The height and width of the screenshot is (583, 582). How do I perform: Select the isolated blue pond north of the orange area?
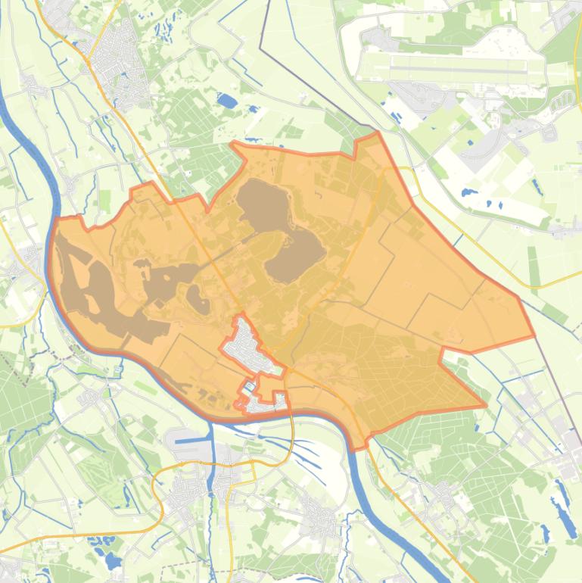click(226, 100)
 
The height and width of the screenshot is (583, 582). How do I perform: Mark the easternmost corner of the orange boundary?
click(534, 335)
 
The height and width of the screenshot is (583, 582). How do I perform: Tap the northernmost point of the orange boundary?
click(376, 133)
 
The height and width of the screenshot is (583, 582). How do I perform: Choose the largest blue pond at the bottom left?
click(113, 561)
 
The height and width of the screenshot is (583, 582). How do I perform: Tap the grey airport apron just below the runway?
click(424, 95)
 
